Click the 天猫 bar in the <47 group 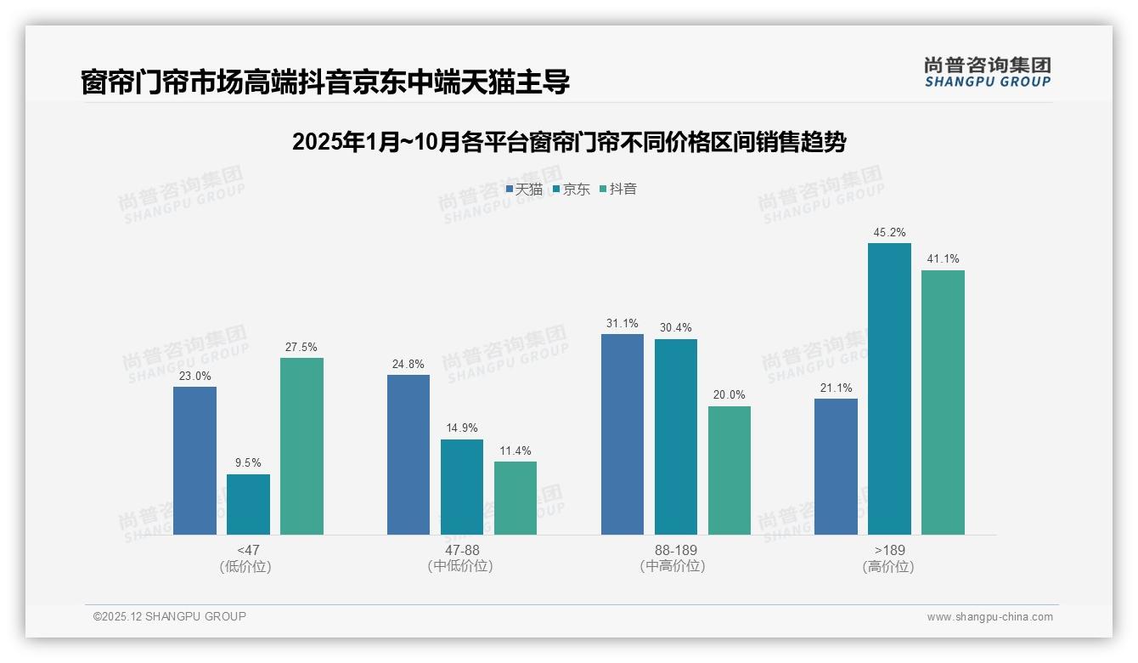click(194, 461)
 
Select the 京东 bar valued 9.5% click(248, 504)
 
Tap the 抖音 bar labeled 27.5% click(301, 446)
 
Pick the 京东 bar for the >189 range click(889, 388)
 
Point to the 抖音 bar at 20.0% click(730, 470)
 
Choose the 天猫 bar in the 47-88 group click(408, 455)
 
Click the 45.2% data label click(889, 232)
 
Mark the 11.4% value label click(515, 450)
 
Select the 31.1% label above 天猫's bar click(623, 323)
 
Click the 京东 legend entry click(571, 190)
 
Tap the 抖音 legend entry click(618, 190)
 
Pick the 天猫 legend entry click(524, 190)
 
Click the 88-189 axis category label click(675, 550)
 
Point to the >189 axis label click(889, 550)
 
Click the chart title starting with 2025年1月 click(568, 142)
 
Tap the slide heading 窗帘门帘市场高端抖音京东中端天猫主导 click(324, 82)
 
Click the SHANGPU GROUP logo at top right click(987, 72)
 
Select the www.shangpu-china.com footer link click(989, 616)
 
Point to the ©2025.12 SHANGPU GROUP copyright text click(170, 616)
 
